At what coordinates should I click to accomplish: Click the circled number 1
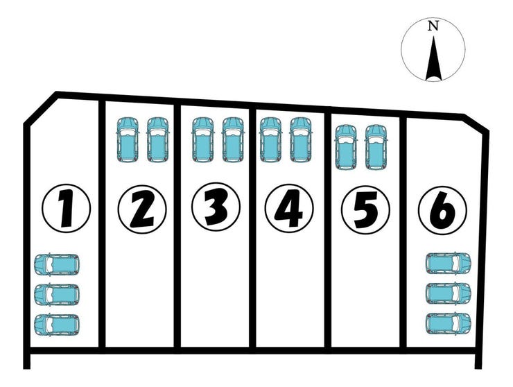(67, 207)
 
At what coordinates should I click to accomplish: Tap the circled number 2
(141, 208)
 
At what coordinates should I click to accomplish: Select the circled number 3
(216, 207)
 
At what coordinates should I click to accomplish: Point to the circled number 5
(365, 208)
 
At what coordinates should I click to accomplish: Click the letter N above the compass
(433, 26)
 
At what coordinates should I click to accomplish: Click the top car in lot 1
(57, 264)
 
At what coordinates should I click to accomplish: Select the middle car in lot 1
(57, 293)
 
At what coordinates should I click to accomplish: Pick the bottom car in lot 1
(57, 324)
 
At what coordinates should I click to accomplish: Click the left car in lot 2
(127, 139)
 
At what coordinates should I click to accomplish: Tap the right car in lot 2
(158, 139)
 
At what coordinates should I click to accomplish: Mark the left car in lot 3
(202, 139)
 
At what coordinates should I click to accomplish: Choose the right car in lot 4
(301, 139)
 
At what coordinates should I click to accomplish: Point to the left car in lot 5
(345, 146)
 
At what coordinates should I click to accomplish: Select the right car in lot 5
(375, 146)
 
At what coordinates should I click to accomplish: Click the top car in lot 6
(449, 263)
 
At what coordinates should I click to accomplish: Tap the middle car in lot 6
(449, 293)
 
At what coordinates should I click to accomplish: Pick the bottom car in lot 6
(449, 322)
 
